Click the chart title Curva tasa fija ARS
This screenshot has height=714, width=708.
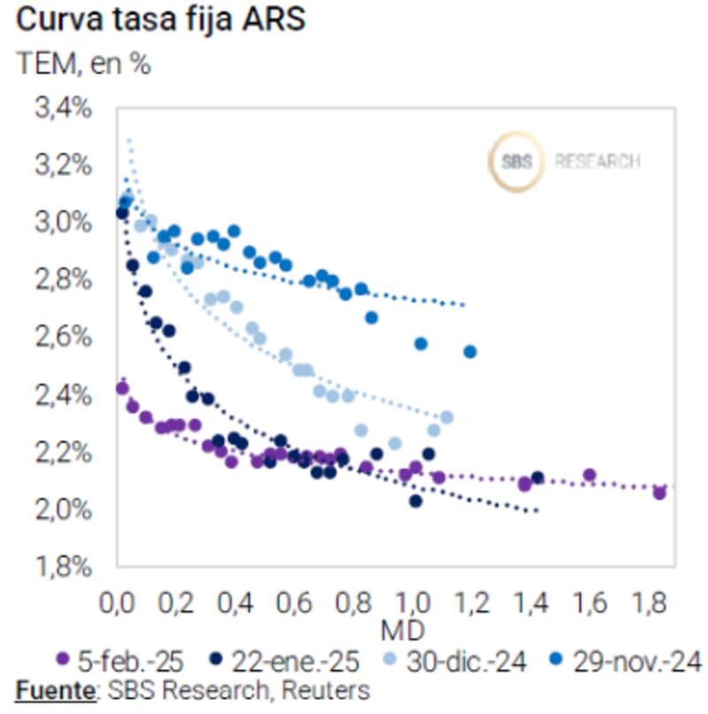click(x=160, y=19)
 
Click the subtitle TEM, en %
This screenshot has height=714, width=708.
click(x=83, y=64)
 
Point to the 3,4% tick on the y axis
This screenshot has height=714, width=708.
click(x=62, y=109)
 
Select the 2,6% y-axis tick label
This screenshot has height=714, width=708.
click(x=62, y=337)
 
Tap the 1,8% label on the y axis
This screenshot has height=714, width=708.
click(x=62, y=565)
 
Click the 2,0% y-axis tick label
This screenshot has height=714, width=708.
click(x=62, y=508)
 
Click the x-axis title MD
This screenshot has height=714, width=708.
click(x=402, y=630)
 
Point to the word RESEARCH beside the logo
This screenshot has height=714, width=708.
click(x=597, y=162)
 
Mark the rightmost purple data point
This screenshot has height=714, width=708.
click(x=659, y=493)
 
